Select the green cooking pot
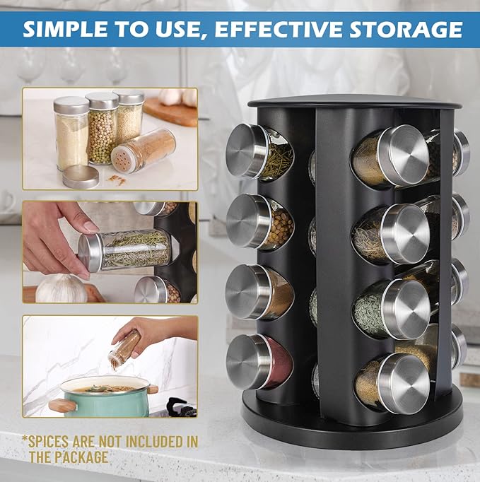(105, 397)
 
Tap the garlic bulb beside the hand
(62, 288)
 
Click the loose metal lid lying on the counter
(81, 176)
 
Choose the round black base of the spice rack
(351, 421)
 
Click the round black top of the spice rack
(354, 101)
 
